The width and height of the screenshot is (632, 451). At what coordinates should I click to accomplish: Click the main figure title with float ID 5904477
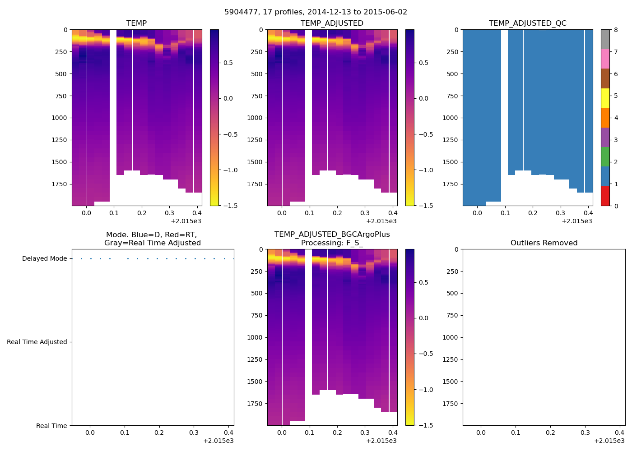click(316, 12)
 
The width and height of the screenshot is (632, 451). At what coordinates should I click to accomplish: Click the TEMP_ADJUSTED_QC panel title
click(527, 23)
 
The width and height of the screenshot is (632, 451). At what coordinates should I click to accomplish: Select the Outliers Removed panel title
click(544, 243)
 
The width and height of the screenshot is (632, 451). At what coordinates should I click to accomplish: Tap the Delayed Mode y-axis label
click(44, 258)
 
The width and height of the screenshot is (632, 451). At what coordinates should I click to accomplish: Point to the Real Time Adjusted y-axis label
click(37, 342)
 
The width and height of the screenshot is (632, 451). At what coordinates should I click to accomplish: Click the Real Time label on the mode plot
click(51, 426)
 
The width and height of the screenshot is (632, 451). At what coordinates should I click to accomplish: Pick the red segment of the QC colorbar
click(605, 196)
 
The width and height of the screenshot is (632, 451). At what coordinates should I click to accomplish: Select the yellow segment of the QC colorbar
click(605, 98)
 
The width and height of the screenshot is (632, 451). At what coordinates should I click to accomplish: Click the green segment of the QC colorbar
click(605, 157)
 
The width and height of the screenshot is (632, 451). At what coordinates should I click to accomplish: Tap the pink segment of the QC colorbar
click(605, 59)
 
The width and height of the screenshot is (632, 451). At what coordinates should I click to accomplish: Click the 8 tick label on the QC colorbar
click(616, 30)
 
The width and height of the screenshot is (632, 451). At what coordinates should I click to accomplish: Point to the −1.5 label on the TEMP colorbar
click(228, 206)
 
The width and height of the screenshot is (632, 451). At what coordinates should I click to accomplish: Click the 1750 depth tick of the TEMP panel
click(61, 184)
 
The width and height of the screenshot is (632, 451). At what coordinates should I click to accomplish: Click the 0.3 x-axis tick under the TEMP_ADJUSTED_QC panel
click(560, 213)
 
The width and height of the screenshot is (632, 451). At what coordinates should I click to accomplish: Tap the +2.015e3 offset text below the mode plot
click(218, 441)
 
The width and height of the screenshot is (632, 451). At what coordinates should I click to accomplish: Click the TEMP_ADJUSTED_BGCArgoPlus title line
click(332, 234)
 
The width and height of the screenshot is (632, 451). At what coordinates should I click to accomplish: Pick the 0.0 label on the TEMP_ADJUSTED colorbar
click(423, 98)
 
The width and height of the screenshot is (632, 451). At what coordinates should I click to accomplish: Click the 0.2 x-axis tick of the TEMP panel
click(142, 213)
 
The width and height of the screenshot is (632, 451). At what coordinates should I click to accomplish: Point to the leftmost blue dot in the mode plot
click(81, 258)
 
